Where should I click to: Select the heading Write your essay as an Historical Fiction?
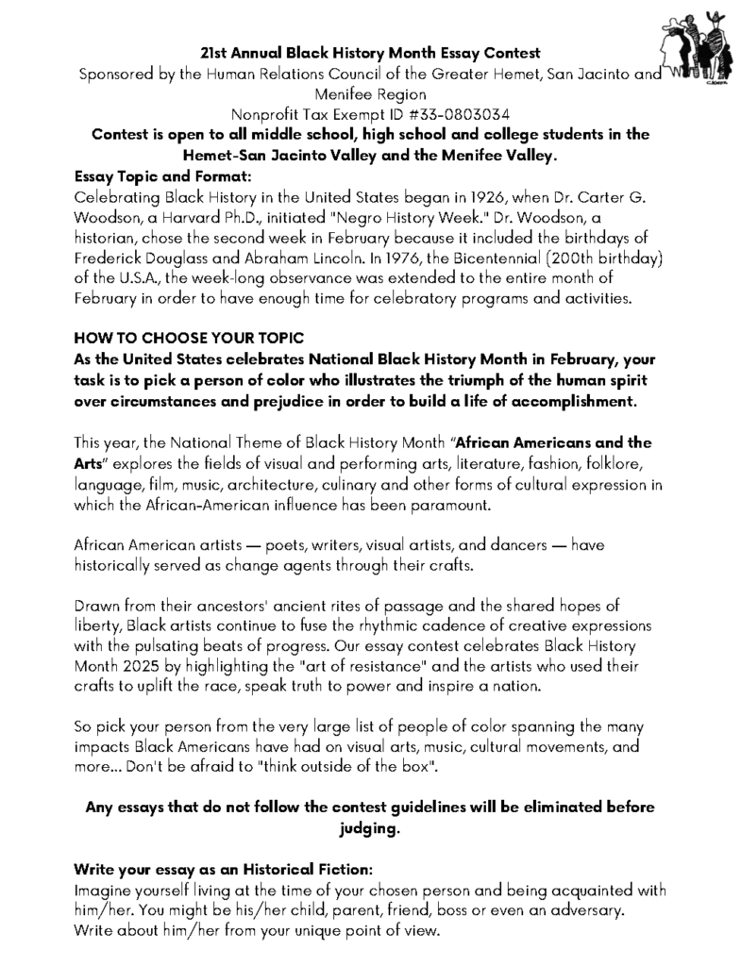pyautogui.click(x=223, y=870)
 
